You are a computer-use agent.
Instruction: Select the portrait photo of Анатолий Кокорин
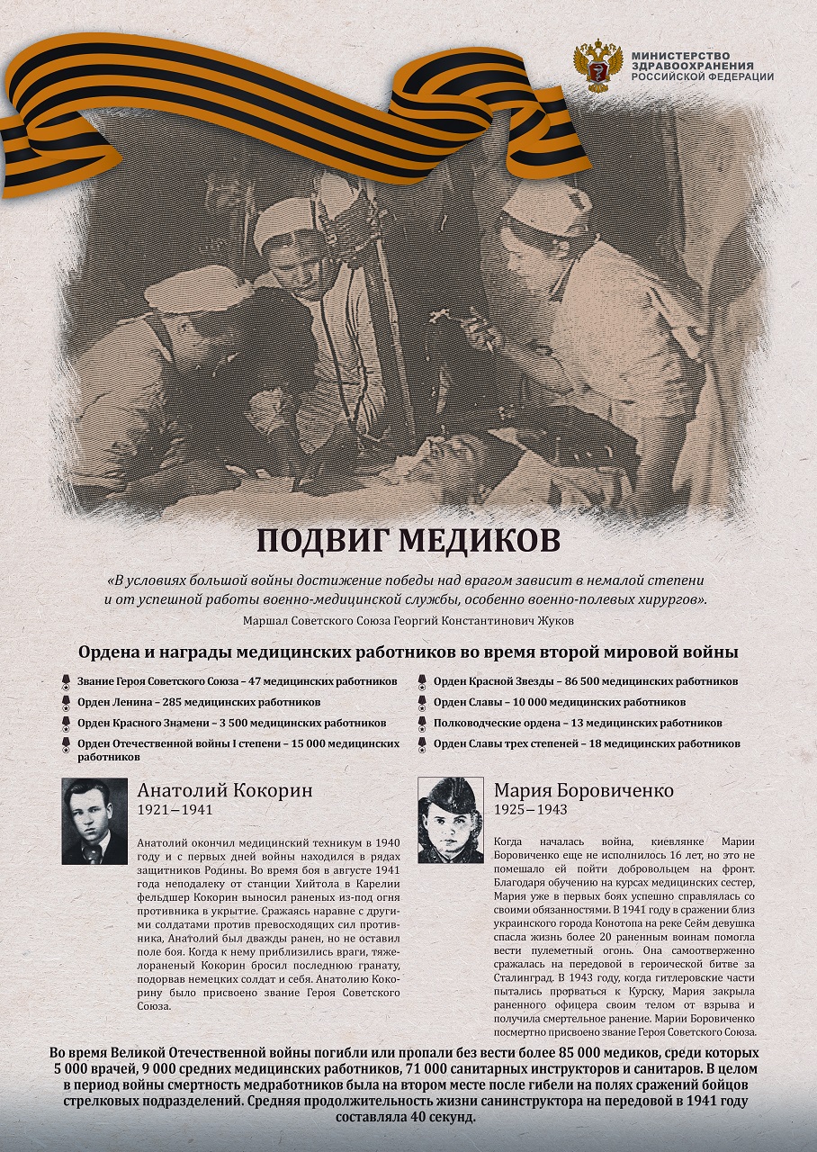[94, 821]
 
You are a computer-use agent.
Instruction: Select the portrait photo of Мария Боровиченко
[451, 820]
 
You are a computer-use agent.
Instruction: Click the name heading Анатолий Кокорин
[225, 791]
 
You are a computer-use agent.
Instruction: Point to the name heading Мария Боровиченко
[583, 791]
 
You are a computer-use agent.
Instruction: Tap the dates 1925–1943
[531, 811]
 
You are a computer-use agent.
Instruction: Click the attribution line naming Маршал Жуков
[408, 621]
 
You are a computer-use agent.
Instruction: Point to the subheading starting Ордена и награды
[408, 652]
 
